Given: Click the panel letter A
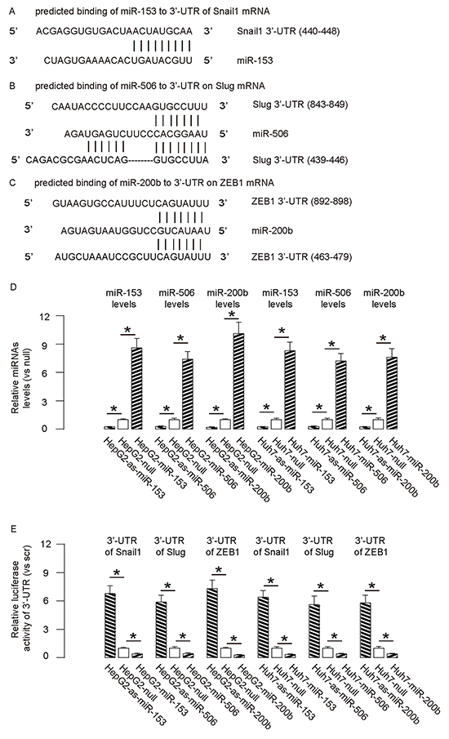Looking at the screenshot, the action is click(12, 11).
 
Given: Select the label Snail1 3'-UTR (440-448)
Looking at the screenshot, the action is click(288, 32).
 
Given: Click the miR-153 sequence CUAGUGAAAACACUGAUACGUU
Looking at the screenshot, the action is click(118, 60).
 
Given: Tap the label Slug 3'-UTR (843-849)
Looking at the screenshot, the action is click(300, 105).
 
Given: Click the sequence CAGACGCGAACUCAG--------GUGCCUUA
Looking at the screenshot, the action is click(118, 160).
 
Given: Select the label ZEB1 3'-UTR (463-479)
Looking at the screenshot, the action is click(301, 257).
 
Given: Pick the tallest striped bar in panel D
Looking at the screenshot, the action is click(239, 381).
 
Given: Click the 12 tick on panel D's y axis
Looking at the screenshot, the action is click(45, 316).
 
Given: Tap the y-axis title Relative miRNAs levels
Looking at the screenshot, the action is click(21, 373).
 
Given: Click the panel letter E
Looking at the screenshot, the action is click(12, 529).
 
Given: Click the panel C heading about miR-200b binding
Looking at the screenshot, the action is click(154, 182).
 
